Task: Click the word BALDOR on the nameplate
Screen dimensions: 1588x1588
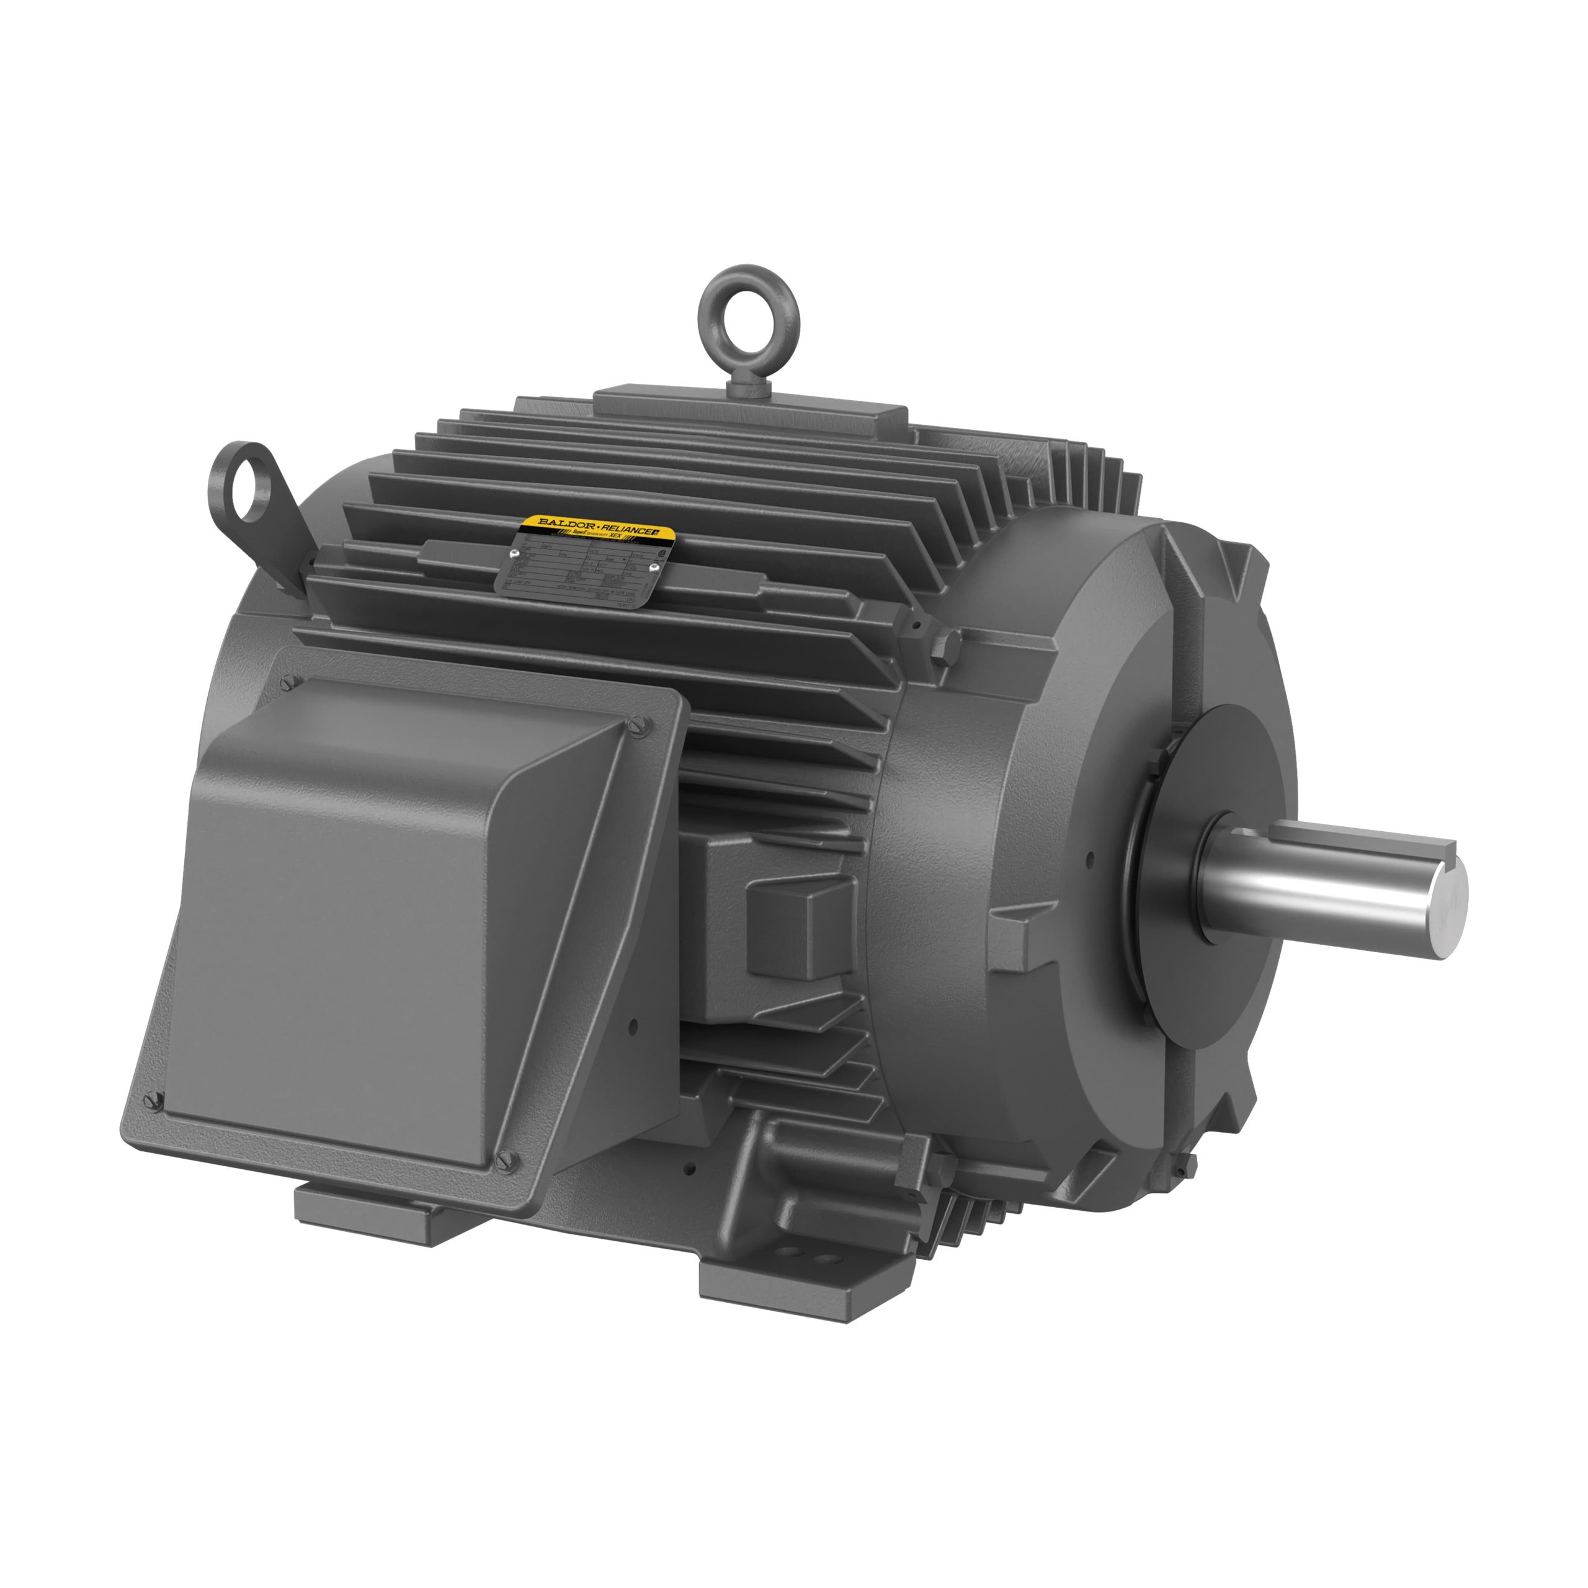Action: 567,523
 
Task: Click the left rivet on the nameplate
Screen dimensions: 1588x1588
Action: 514,555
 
